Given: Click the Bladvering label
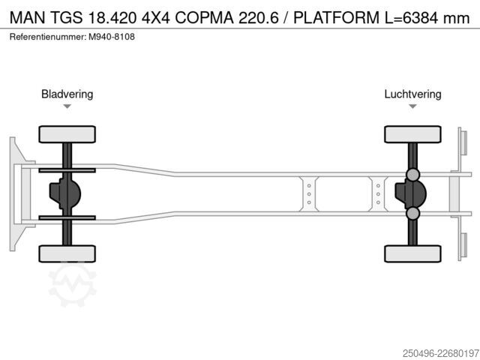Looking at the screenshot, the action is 67,94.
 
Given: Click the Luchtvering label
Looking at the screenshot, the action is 412,94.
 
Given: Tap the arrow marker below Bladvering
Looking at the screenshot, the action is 67,106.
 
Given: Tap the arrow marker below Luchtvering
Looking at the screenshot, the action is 412,106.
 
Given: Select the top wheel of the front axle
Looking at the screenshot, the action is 67,134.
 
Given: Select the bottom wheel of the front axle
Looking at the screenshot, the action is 67,253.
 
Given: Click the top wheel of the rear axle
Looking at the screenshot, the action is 412,134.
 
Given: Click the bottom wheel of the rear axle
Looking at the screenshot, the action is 412,253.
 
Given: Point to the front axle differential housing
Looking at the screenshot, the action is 65,193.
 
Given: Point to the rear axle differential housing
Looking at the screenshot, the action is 411,193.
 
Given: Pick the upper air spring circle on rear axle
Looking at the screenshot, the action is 412,175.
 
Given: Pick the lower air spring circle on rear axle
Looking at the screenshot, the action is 412,213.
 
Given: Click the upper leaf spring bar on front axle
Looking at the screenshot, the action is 67,170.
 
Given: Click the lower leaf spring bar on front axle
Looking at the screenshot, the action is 67,217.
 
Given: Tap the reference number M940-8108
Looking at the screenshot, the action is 112,37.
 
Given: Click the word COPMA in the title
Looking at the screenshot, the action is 204,18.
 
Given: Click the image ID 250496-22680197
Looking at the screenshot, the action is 441,353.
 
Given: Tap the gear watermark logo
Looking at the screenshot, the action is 73,285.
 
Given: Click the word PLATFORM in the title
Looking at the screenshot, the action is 337,18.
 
